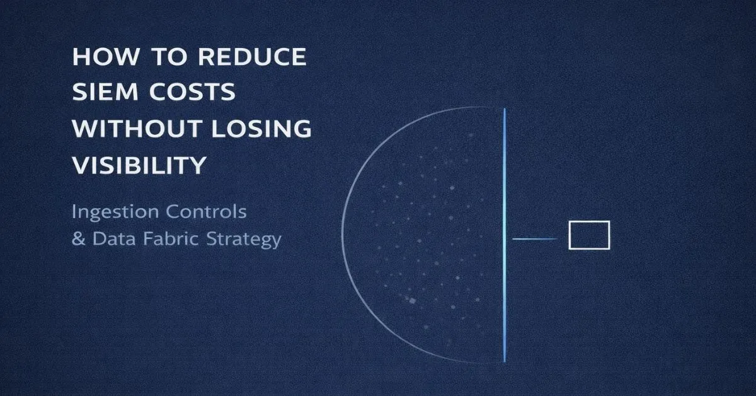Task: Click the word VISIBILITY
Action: pyautogui.click(x=139, y=165)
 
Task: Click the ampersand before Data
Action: pyautogui.click(x=78, y=240)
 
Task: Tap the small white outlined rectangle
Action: pyautogui.click(x=589, y=235)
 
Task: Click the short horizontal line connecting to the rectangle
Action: pyautogui.click(x=534, y=239)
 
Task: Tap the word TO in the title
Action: pyautogui.click(x=162, y=57)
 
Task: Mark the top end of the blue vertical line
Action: pyautogui.click(x=505, y=110)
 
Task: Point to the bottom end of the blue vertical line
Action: pyautogui.click(x=505, y=361)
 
